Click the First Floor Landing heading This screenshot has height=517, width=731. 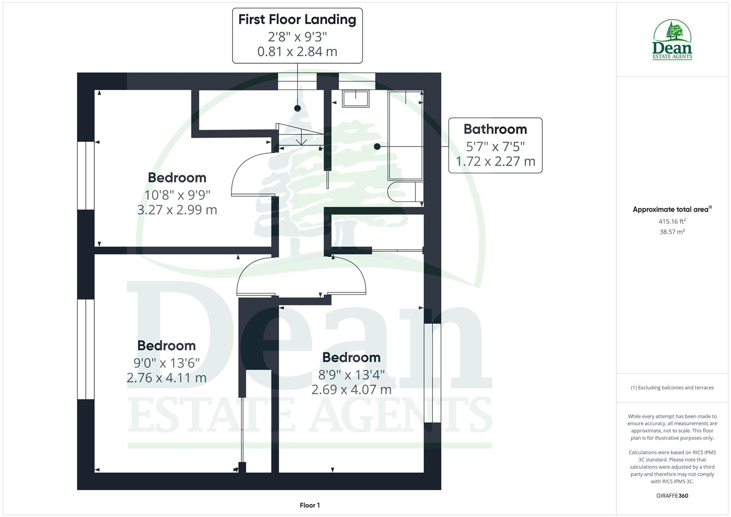click(x=297, y=20)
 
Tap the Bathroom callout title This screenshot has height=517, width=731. click(x=495, y=129)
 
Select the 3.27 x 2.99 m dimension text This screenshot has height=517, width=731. click(x=177, y=210)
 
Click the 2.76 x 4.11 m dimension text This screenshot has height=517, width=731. click(x=167, y=378)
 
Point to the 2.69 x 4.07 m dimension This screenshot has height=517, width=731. click(x=351, y=389)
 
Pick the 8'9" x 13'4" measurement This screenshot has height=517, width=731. click(x=351, y=373)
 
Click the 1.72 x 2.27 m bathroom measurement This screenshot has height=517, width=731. click(x=495, y=161)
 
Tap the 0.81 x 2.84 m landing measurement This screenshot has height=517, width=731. click(x=297, y=51)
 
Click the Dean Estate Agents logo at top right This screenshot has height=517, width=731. click(x=672, y=40)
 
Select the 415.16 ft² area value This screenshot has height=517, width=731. click(x=672, y=221)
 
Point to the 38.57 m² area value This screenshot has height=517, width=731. click(x=672, y=232)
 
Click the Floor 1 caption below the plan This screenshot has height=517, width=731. click(x=310, y=505)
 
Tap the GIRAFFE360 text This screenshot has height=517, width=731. click(x=672, y=495)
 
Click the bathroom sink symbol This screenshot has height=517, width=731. click(x=356, y=98)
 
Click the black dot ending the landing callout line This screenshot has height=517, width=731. click(x=297, y=108)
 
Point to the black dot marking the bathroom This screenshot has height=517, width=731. click(x=377, y=146)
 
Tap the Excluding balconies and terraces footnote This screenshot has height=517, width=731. click(x=672, y=388)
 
